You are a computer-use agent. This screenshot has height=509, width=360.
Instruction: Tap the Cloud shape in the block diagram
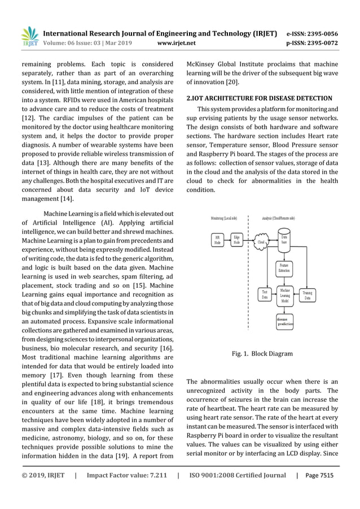pyautogui.click(x=261, y=242)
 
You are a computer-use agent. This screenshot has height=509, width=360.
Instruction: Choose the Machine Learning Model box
pyautogui.click(x=285, y=296)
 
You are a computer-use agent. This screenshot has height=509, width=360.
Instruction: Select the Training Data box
pyautogui.click(x=307, y=295)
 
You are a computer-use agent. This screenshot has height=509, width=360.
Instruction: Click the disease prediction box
pyautogui.click(x=285, y=322)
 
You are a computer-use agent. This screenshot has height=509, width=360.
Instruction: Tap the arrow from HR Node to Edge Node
pyautogui.click(x=227, y=239)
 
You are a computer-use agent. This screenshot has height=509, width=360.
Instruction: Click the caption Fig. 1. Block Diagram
pyautogui.click(x=262, y=354)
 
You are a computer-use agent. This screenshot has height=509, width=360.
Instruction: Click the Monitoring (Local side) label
pyautogui.click(x=223, y=217)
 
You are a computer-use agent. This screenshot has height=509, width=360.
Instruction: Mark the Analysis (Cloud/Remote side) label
pyautogui.click(x=278, y=217)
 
